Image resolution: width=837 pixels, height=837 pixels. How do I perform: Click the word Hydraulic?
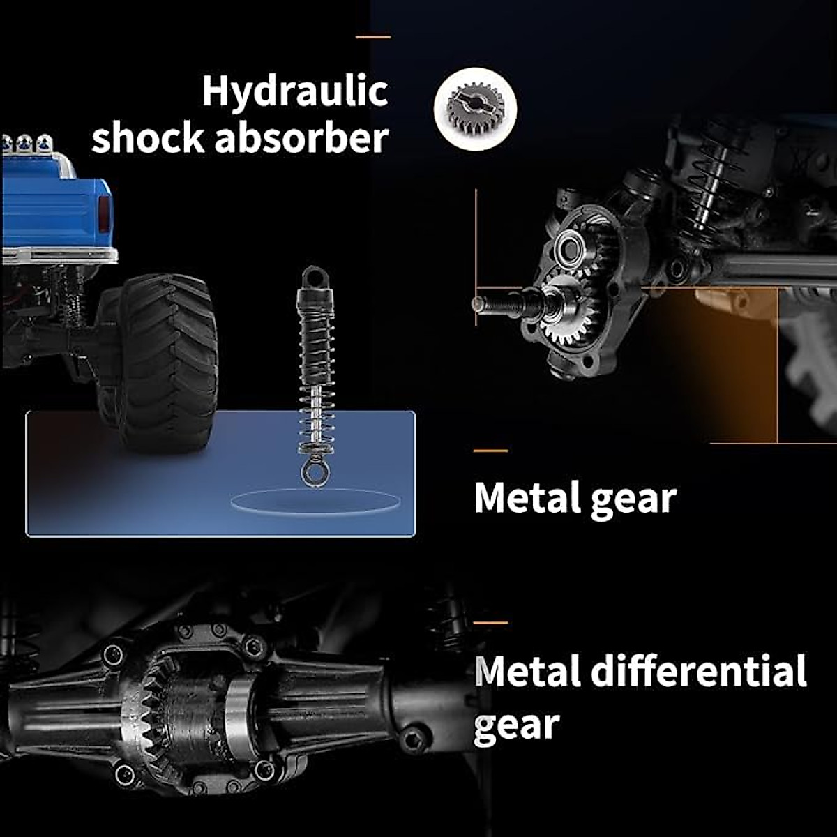[x=295, y=93]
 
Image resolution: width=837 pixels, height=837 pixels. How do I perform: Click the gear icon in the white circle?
[x=475, y=110]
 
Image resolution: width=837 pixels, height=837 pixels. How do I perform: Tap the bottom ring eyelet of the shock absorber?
[x=314, y=474]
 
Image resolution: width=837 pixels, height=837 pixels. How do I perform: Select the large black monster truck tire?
[x=158, y=362]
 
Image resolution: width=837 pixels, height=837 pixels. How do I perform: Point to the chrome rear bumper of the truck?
[x=59, y=255]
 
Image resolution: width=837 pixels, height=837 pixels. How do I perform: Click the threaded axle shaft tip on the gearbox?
[x=499, y=303]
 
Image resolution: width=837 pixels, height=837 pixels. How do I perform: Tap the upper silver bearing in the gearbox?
[x=571, y=248]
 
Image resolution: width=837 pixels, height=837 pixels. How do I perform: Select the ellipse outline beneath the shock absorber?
[x=315, y=501]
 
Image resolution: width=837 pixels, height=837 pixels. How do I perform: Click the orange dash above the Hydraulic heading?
[x=373, y=38]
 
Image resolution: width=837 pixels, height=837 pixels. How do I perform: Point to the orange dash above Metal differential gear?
[x=491, y=623]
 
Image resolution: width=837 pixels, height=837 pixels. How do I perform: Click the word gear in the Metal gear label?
[x=634, y=499]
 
